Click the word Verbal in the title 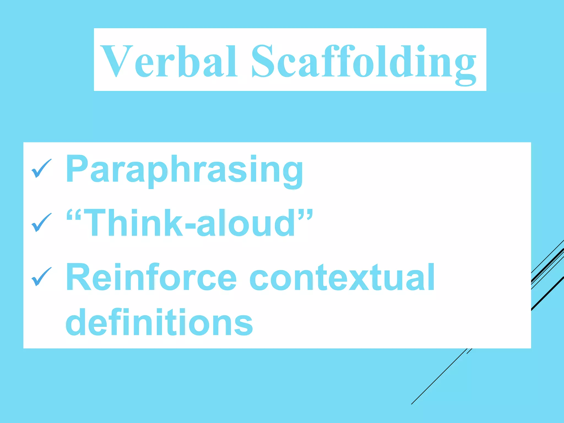[x=169, y=61]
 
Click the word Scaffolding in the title [x=364, y=62]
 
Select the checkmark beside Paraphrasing [x=41, y=168]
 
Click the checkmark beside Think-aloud [x=41, y=223]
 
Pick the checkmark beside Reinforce [x=41, y=277]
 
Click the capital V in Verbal [x=115, y=61]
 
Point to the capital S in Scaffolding [x=264, y=61]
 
